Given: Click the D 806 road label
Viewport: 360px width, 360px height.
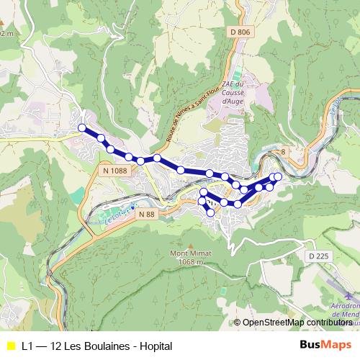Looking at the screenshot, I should click(x=241, y=31).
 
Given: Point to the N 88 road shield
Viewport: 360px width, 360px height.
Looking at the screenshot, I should click(x=146, y=214).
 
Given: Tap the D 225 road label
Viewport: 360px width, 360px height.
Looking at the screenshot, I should click(x=317, y=256).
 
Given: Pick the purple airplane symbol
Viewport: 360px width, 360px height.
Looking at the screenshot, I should click(x=349, y=294).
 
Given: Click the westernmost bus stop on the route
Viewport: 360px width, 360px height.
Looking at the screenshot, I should click(x=82, y=128).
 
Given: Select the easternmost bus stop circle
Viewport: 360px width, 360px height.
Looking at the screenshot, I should click(x=278, y=176).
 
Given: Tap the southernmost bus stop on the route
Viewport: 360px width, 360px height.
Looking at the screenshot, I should click(x=211, y=212).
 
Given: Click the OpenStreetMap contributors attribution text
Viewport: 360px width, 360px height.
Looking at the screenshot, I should click(x=297, y=323).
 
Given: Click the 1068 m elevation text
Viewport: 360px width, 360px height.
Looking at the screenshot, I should click(x=186, y=263).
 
